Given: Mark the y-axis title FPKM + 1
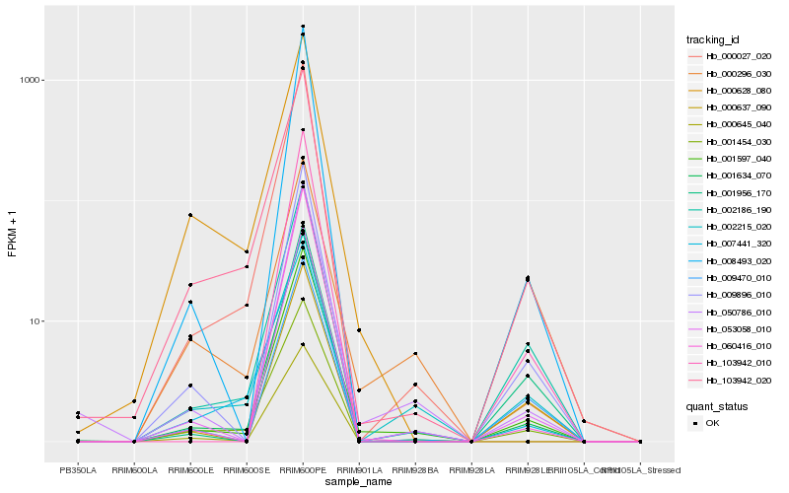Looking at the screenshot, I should pos(13,234).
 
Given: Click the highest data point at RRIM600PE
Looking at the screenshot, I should pos(303,27).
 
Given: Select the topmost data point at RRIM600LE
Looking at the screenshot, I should pos(190,215).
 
